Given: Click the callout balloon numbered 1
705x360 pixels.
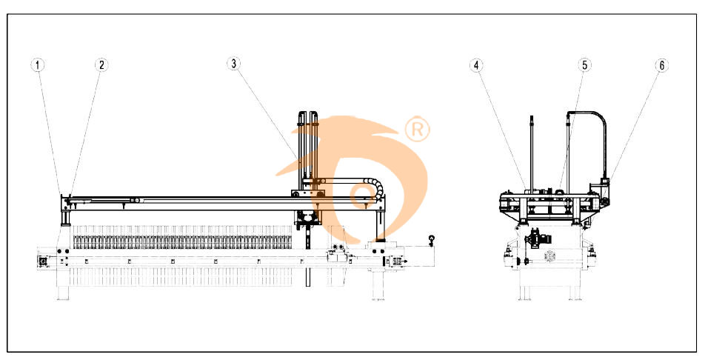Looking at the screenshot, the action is (x=38, y=65).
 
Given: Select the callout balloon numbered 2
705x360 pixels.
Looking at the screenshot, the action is (x=101, y=65).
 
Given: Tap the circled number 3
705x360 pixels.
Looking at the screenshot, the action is (x=233, y=64).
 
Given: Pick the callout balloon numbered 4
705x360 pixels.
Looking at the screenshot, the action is (x=477, y=65).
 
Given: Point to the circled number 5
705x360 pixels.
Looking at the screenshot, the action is (x=584, y=65).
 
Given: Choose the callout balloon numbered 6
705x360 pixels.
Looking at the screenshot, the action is (x=661, y=66).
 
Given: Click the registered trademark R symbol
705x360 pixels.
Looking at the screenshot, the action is (x=417, y=130).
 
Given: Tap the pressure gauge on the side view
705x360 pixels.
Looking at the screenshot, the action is (x=432, y=239).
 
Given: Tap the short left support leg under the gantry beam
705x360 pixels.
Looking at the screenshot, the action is (x=66, y=218).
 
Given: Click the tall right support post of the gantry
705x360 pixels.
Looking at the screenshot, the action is (x=381, y=225).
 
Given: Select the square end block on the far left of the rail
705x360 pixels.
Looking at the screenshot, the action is (x=44, y=261).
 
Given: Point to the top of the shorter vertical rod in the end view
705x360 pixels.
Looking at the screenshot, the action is (x=532, y=117).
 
